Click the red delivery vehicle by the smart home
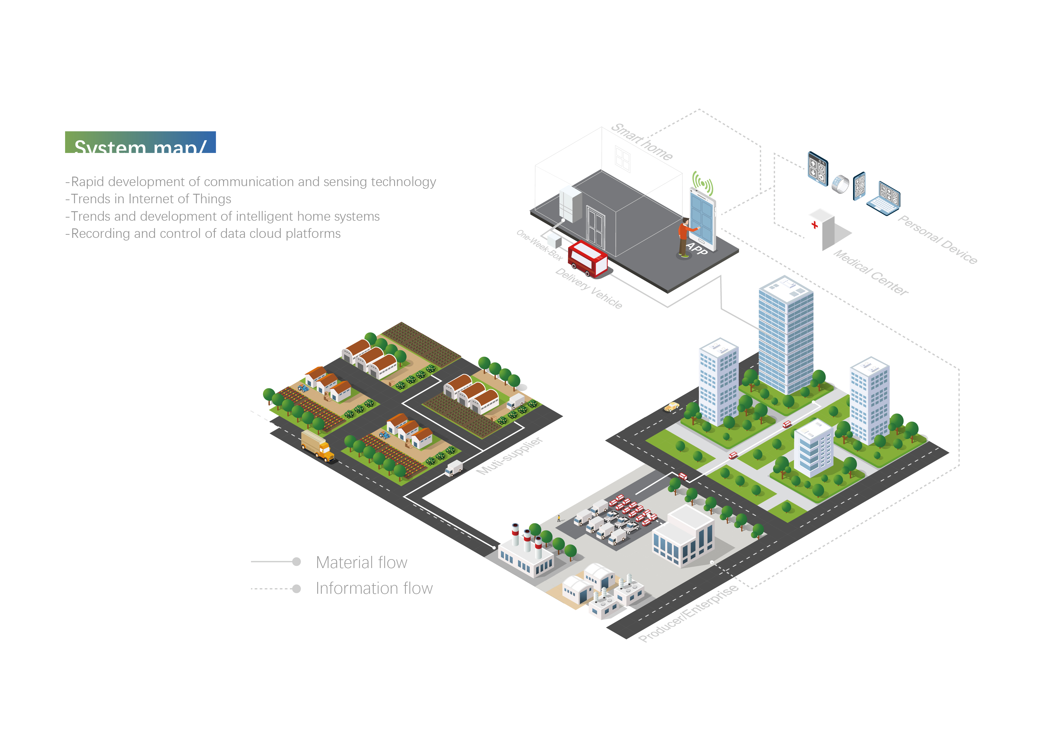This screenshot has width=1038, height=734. tap(587, 259)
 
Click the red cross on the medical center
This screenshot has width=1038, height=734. tap(814, 225)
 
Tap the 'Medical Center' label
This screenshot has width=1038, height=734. tap(870, 272)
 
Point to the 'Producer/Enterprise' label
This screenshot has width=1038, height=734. tap(688, 613)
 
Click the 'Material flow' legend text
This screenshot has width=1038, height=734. tap(361, 563)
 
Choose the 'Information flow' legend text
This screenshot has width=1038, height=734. tap(374, 588)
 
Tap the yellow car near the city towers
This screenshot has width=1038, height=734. tap(671, 407)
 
